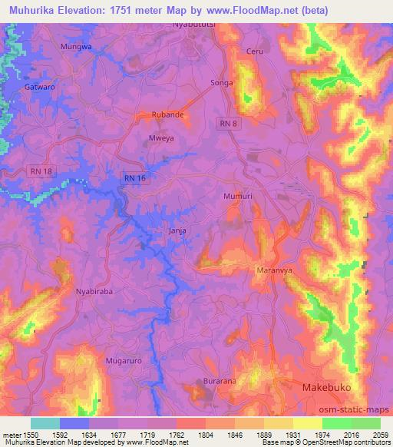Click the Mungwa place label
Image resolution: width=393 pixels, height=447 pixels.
point(76,47)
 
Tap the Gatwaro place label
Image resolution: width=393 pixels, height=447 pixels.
point(39,88)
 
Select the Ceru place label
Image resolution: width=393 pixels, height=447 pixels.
point(254,51)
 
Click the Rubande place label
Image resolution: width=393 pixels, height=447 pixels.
point(168,115)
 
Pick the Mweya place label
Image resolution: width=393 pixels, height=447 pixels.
point(159,139)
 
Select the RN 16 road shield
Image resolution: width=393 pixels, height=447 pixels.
point(134,178)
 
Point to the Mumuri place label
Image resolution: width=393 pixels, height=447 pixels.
point(237,197)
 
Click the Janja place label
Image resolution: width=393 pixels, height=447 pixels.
point(177,230)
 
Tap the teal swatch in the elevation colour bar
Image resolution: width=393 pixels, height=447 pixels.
point(45,423)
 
